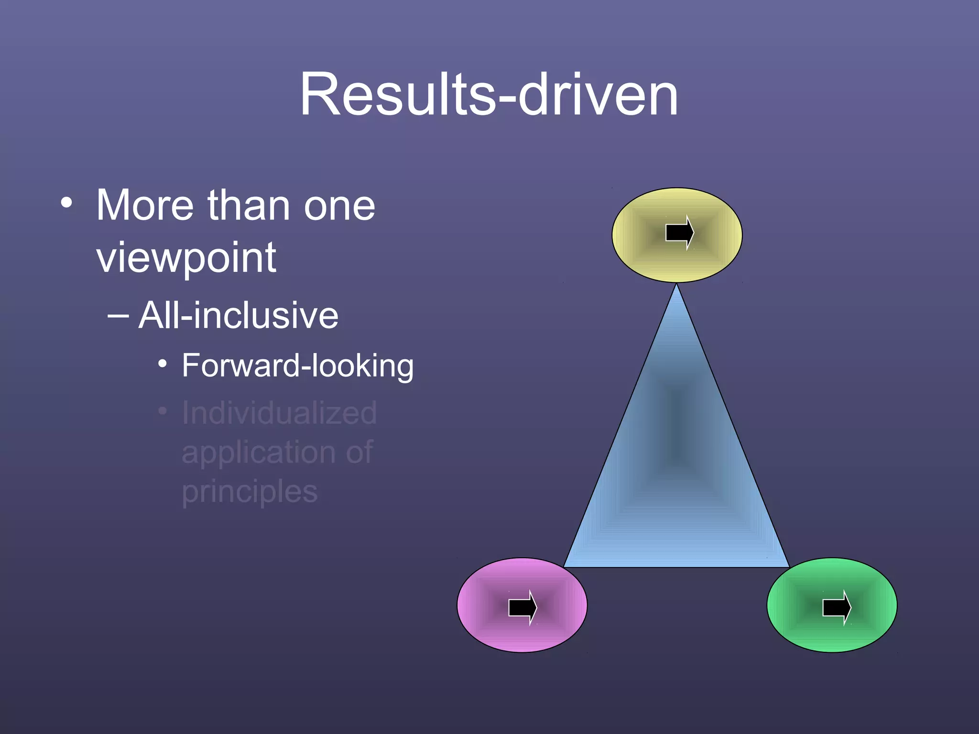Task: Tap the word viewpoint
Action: coord(186,258)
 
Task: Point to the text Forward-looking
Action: coord(297,366)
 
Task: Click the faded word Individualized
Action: coord(279,413)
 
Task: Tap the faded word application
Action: coord(258,453)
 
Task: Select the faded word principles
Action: coord(250,492)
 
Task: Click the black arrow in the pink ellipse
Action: coord(522,607)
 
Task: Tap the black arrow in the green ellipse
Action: coord(837,607)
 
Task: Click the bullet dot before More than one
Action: coord(66,203)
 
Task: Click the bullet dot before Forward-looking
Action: coord(163,364)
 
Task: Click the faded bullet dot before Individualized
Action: coord(163,411)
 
